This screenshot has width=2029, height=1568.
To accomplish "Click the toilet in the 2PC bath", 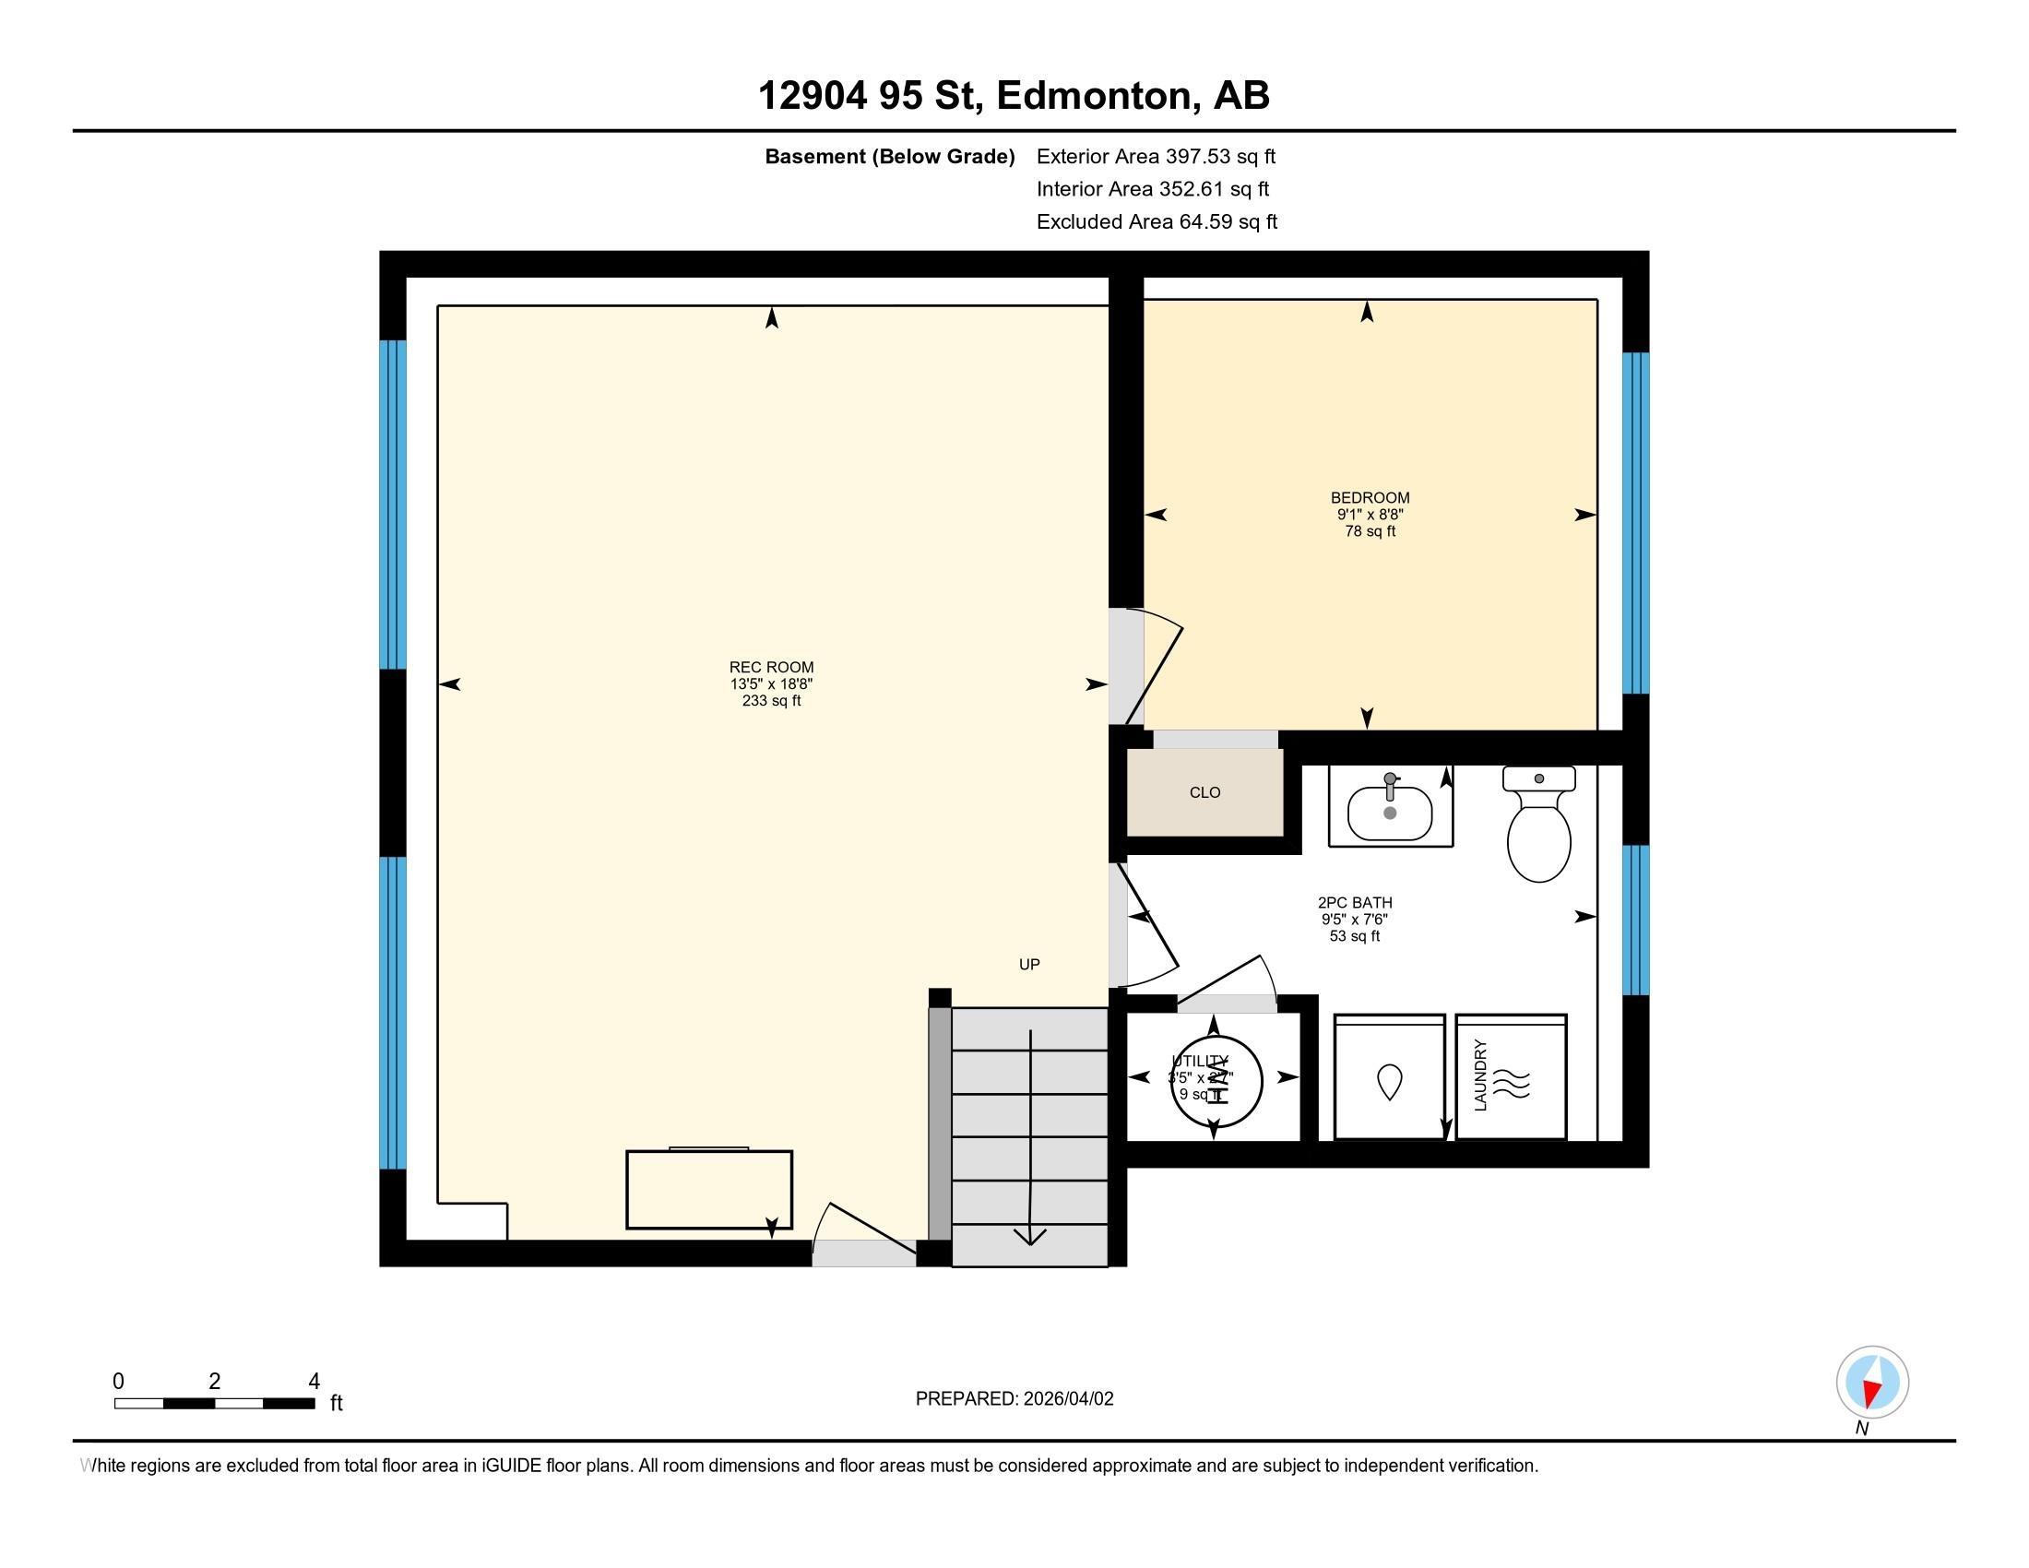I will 1538,826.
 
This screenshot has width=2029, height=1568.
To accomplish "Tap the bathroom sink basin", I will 1390,813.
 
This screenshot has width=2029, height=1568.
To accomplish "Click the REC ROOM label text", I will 771,667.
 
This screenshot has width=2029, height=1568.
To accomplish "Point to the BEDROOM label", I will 1370,498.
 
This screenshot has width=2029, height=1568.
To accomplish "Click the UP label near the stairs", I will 1029,964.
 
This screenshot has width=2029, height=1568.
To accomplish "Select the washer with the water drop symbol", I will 1389,1077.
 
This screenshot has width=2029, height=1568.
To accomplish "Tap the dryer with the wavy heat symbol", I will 1512,1077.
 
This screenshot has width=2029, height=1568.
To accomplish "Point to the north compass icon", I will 1872,1382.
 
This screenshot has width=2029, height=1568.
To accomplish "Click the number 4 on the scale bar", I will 314,1382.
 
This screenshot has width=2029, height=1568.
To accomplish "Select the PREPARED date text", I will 1014,1399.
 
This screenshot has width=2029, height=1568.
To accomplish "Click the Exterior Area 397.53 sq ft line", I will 1156,157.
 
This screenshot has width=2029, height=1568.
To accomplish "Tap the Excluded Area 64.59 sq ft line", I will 1157,222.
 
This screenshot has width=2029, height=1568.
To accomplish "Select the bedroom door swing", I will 1152,664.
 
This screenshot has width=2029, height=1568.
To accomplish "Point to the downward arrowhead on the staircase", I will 1029,1236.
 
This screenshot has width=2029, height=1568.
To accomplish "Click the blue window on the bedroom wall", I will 1635,523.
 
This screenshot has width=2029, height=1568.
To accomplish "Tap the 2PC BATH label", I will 1355,902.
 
